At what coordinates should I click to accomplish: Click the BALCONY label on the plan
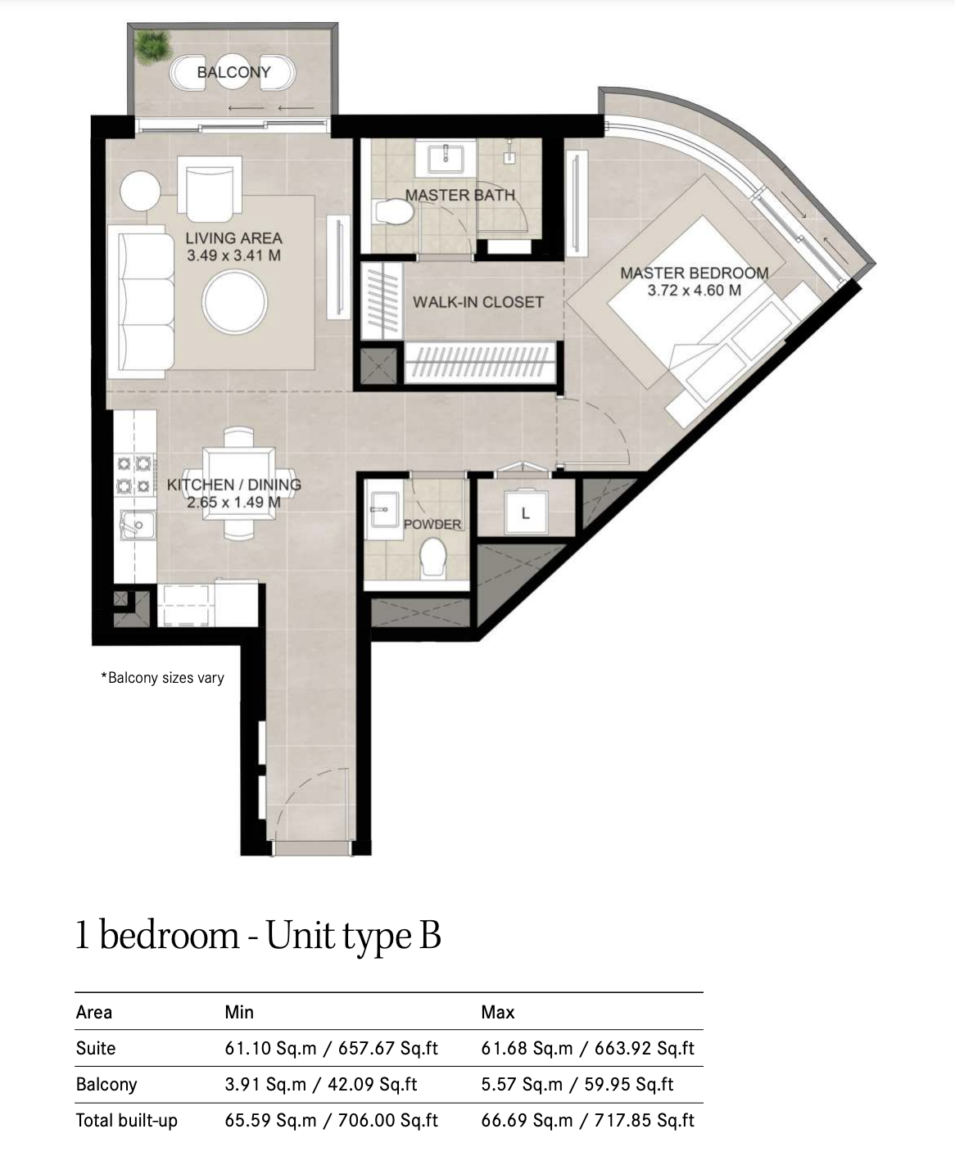233,72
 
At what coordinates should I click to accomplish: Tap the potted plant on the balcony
152,47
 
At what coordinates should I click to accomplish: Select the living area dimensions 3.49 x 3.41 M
233,255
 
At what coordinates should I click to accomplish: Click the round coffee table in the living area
235,302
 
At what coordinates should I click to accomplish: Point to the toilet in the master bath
393,212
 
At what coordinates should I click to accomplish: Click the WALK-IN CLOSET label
478,302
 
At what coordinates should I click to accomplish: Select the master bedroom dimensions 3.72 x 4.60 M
695,291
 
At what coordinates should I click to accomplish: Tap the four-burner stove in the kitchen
134,475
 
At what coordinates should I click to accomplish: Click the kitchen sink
138,525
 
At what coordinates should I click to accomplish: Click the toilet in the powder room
432,558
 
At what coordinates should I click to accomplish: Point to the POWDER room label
432,524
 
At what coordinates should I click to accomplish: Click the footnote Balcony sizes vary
163,678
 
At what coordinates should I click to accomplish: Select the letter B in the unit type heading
429,935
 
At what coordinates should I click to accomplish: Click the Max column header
498,1012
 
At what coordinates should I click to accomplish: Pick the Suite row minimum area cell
332,1048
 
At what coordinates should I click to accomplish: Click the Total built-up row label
127,1121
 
